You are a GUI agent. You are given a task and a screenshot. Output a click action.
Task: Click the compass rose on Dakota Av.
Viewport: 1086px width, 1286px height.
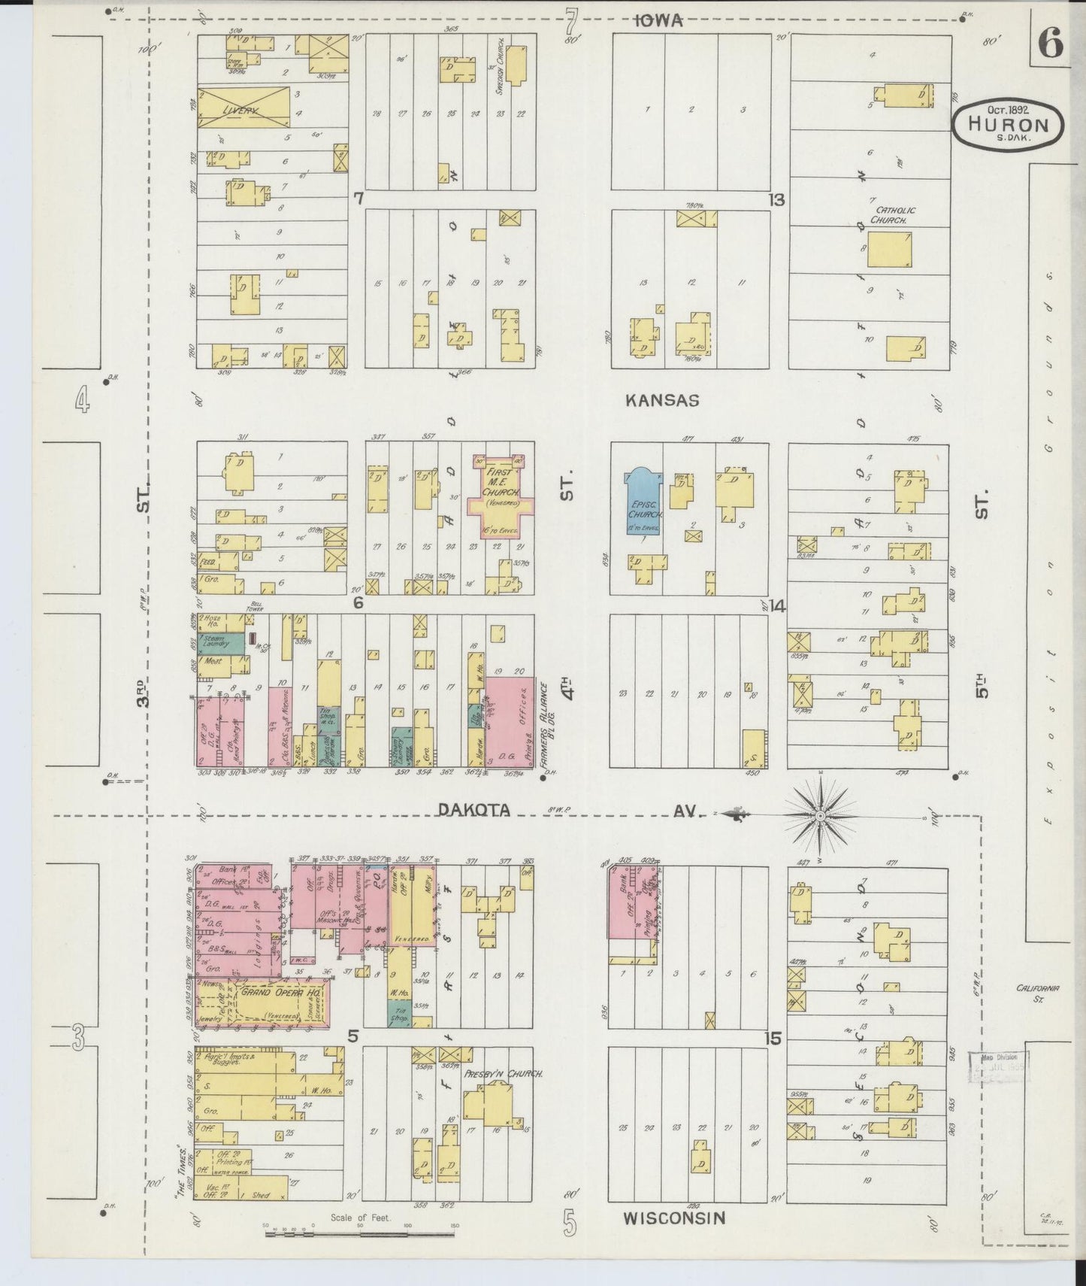click(821, 815)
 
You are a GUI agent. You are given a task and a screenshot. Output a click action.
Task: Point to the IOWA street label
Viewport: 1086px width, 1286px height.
click(658, 21)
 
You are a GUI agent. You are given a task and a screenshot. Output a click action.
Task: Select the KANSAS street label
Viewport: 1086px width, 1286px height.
click(662, 401)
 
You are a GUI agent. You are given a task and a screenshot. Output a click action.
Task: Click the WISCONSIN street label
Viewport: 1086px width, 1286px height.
click(674, 1217)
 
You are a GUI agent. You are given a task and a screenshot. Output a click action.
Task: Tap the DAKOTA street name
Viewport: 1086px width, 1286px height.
click(474, 810)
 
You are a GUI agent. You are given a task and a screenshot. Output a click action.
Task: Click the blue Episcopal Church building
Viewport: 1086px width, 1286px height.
click(643, 503)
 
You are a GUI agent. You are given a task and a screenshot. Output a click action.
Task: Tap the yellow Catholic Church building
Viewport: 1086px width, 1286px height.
click(891, 250)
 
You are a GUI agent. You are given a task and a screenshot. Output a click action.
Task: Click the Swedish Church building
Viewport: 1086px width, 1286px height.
click(516, 65)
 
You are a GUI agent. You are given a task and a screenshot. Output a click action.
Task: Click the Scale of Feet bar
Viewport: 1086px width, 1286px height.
click(361, 1235)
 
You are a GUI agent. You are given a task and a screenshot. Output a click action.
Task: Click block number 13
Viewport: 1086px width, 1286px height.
click(776, 199)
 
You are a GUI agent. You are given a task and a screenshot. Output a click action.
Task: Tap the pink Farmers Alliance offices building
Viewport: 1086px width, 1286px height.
click(509, 719)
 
